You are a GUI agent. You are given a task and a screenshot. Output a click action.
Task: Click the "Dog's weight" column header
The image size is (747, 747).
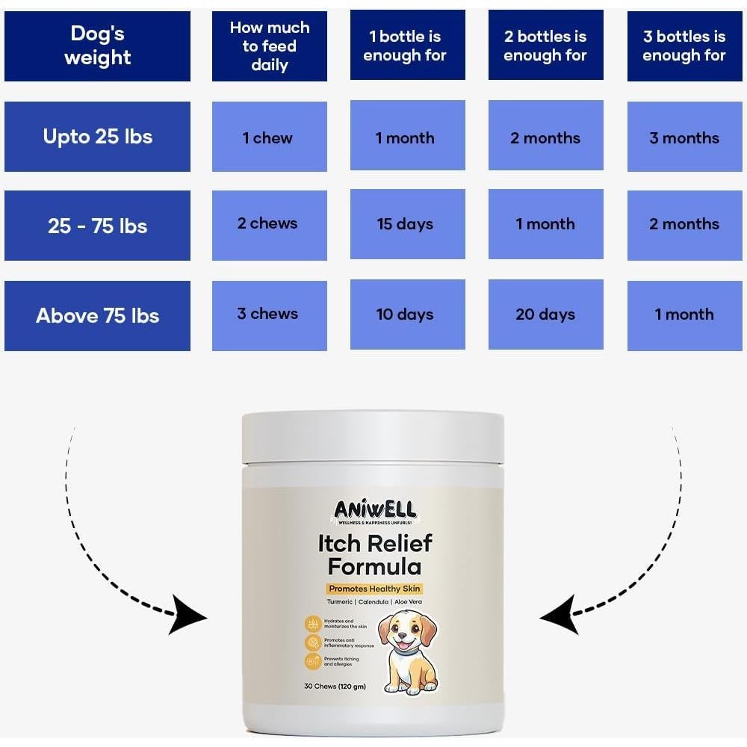97,46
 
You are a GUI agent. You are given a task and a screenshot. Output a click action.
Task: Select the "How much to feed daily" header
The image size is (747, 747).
270,46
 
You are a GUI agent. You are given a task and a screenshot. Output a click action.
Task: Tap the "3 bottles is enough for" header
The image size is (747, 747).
684,46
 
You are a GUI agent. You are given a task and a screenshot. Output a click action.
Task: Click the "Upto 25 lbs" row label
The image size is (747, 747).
97,137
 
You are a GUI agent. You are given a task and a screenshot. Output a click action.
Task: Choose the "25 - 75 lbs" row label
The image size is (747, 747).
97,226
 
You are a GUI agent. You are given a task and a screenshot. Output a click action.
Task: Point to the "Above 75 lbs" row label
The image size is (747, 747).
97,315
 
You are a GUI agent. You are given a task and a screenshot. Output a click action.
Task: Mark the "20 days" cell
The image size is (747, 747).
545,314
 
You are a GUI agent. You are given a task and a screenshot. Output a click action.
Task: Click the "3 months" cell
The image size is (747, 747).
684,137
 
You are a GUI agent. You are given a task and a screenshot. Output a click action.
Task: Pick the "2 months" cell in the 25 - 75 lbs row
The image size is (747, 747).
684,224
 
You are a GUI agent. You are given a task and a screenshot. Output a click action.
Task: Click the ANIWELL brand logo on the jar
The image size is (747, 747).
374,512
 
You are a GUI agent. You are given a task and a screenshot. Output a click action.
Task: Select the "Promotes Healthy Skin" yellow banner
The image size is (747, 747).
374,589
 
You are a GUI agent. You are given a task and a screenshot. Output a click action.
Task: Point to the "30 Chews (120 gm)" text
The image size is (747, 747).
335,686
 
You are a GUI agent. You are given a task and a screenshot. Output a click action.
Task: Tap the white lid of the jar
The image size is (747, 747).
373,437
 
